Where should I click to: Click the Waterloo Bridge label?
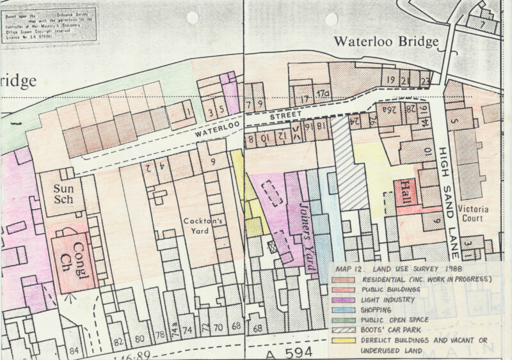click(386, 42)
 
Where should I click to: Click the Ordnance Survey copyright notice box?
click(49, 25)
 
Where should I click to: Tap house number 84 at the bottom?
click(74, 350)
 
